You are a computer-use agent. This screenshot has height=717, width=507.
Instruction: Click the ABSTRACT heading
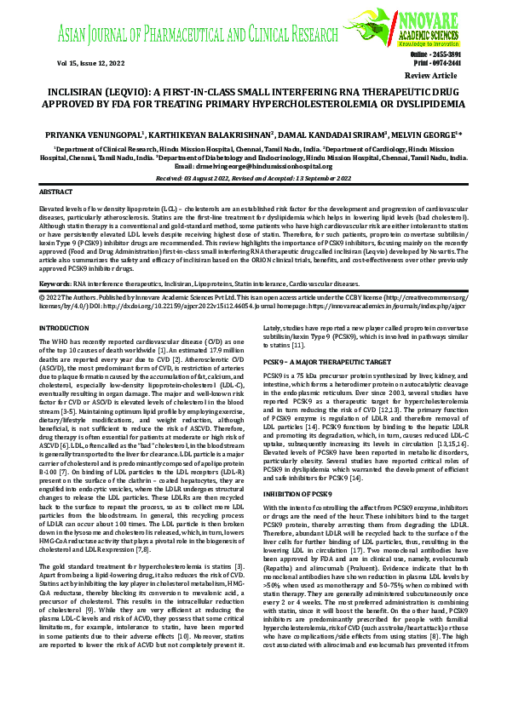point(56,193)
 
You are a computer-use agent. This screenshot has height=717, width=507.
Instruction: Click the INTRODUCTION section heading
point(71,328)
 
